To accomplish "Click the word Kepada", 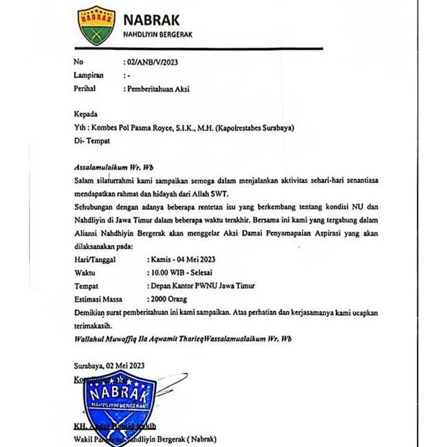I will pyautogui.click(x=86, y=114).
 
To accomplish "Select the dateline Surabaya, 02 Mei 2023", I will pyautogui.click(x=109, y=365).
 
